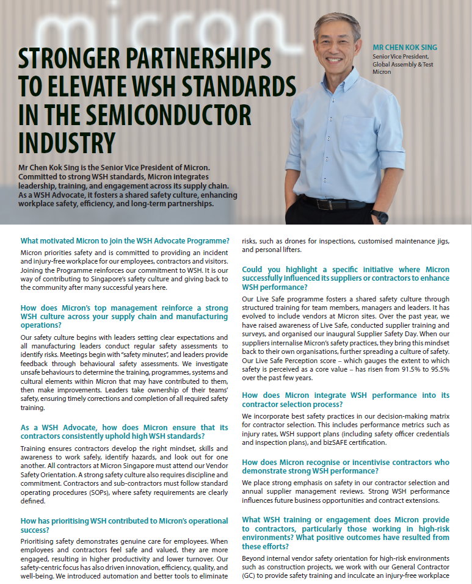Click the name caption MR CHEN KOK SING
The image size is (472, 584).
click(405, 48)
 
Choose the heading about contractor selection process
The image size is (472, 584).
click(346, 400)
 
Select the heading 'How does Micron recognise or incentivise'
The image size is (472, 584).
click(346, 466)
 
